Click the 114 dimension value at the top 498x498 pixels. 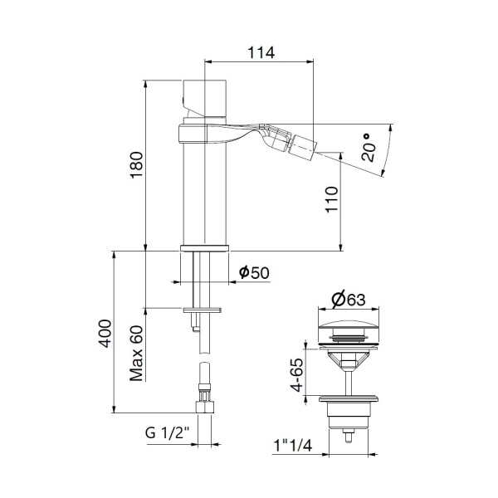[x=261, y=51]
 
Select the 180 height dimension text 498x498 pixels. [x=139, y=167]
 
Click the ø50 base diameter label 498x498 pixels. [x=254, y=272]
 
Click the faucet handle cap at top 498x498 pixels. [x=203, y=95]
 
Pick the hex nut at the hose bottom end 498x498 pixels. [x=204, y=408]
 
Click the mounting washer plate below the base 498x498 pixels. [x=203, y=310]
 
